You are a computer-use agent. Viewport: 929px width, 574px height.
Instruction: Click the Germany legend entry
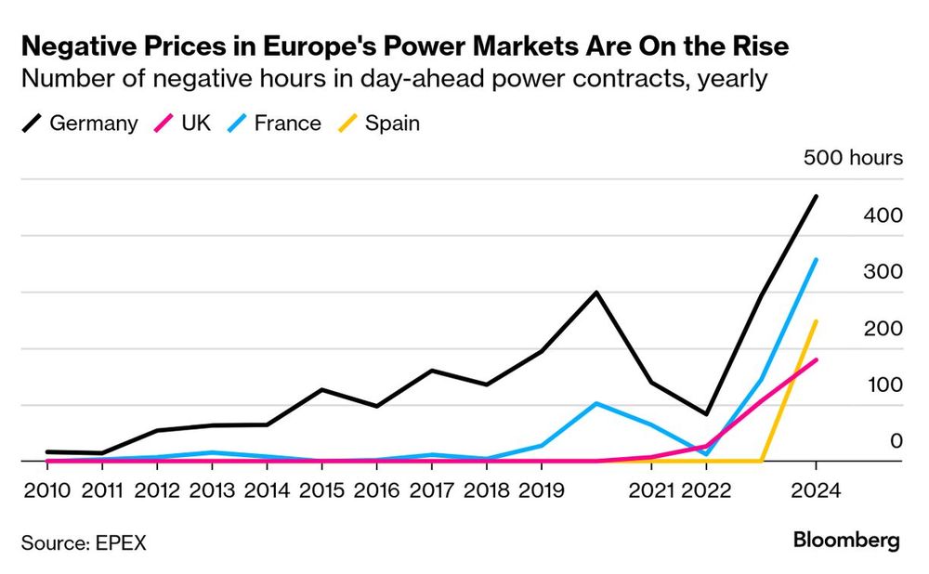pos(79,123)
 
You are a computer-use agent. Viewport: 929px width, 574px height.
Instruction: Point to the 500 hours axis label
pos(853,158)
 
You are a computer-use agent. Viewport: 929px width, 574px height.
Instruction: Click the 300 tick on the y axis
pos(883,272)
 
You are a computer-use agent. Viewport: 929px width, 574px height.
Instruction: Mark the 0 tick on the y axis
pos(896,441)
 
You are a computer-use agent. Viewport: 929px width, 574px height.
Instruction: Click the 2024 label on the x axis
pos(816,490)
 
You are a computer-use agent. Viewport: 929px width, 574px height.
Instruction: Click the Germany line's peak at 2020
pos(595,293)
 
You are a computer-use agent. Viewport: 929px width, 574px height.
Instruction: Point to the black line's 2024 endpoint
pos(816,196)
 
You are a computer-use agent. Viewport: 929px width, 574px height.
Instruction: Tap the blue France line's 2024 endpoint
pos(816,259)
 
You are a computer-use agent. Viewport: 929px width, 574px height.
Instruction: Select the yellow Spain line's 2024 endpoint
pos(816,321)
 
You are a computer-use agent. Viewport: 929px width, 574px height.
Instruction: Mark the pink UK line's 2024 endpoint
pos(816,359)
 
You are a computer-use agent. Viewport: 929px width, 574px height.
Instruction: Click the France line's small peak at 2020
pos(595,403)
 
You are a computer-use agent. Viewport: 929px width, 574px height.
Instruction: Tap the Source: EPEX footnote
pos(84,542)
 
